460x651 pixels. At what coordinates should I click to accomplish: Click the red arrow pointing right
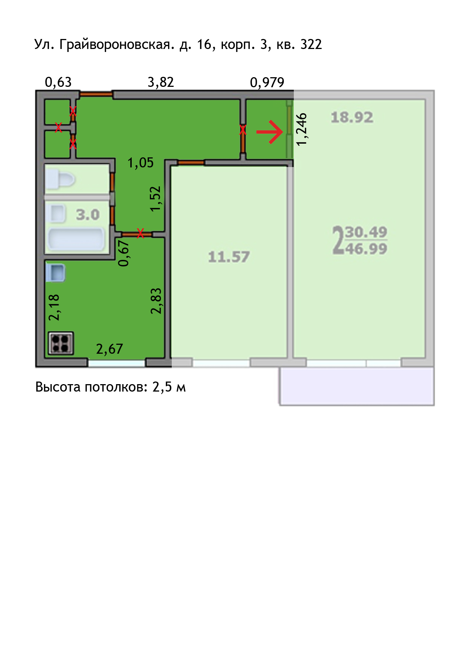(270, 132)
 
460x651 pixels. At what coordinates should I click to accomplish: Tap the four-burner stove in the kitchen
(61, 343)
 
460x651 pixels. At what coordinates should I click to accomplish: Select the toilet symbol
(60, 180)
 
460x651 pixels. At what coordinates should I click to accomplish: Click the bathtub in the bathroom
(76, 239)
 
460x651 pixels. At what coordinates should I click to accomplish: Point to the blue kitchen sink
(55, 273)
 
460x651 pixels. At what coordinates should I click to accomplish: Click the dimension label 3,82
(161, 82)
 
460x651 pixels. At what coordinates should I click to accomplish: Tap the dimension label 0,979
(267, 82)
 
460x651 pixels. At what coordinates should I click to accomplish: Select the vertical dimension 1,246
(302, 129)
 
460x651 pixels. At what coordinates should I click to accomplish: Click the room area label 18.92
(352, 118)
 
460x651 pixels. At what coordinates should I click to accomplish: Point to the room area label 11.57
(229, 257)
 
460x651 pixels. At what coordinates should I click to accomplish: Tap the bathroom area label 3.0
(88, 215)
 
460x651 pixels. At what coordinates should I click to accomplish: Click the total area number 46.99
(366, 249)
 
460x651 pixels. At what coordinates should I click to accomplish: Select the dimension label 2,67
(109, 349)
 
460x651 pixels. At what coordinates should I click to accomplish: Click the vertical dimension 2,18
(54, 307)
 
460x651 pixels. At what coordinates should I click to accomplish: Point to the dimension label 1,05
(141, 163)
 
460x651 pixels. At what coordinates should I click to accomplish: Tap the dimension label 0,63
(58, 82)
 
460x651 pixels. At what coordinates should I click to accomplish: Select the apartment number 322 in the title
(311, 44)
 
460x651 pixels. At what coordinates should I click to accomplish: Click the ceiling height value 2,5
(162, 387)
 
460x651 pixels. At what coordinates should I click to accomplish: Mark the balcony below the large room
(356, 386)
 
